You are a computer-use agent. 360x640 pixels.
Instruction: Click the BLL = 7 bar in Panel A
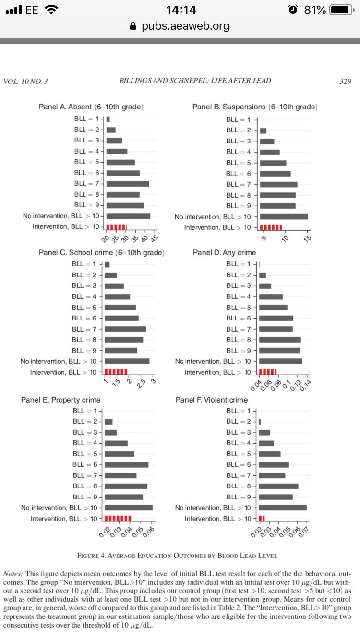(x=128, y=184)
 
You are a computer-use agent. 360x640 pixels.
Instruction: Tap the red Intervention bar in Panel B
(x=271, y=227)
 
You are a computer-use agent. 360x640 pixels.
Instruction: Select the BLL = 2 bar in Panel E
(x=109, y=422)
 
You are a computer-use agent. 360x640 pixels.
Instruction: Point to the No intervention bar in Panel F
(x=283, y=508)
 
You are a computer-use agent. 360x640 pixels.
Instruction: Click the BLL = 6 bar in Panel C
(x=122, y=318)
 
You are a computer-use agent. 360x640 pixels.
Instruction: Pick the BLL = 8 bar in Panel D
(x=280, y=340)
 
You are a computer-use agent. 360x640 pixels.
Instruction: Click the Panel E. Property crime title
(x=61, y=400)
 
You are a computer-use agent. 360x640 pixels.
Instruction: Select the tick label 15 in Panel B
(x=308, y=238)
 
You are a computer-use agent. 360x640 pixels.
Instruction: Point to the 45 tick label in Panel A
(x=154, y=238)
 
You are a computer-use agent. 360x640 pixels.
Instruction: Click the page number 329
(x=345, y=81)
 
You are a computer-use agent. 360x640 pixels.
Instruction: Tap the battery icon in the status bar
(x=342, y=10)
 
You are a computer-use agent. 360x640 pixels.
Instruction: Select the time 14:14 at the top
(x=180, y=10)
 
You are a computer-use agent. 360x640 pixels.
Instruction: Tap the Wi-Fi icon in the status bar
(x=49, y=10)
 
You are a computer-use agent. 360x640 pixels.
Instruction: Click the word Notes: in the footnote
(x=13, y=574)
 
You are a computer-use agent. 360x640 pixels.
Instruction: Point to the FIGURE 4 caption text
(x=177, y=556)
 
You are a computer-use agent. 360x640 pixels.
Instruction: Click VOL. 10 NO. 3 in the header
(x=25, y=81)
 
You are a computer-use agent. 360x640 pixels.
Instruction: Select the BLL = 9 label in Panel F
(x=239, y=497)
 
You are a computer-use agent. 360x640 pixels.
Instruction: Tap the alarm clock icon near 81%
(x=295, y=10)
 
